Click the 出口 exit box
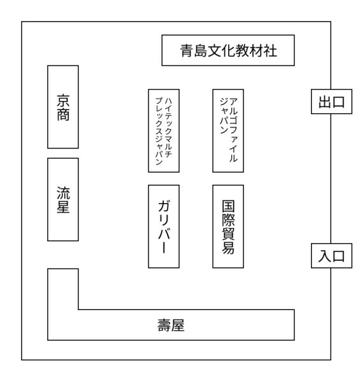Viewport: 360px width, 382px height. [331, 102]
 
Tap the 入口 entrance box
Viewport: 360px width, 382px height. [331, 256]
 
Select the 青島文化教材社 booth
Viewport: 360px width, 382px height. [228, 50]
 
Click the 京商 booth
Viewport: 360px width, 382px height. [63, 107]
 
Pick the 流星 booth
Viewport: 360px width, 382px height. [63, 199]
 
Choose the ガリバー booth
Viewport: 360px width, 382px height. [164, 227]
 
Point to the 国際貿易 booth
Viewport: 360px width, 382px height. [228, 227]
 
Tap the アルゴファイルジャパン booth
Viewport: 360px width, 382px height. [228, 131]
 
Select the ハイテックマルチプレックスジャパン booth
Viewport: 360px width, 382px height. [164, 131]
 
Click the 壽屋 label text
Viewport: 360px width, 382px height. [171, 325]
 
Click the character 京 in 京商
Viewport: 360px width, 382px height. [63, 101]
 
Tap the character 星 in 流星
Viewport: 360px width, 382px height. [63, 206]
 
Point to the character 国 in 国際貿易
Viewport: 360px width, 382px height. [228, 206]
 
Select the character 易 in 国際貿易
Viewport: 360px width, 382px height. [228, 248]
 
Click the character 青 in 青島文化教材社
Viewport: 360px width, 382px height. [187, 51]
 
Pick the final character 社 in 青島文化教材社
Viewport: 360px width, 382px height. [270, 51]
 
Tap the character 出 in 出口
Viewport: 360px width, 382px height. [325, 102]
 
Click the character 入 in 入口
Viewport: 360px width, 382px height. [325, 257]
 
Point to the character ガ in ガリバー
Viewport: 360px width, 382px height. [164, 206]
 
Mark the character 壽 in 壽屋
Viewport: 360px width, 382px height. [164, 325]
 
